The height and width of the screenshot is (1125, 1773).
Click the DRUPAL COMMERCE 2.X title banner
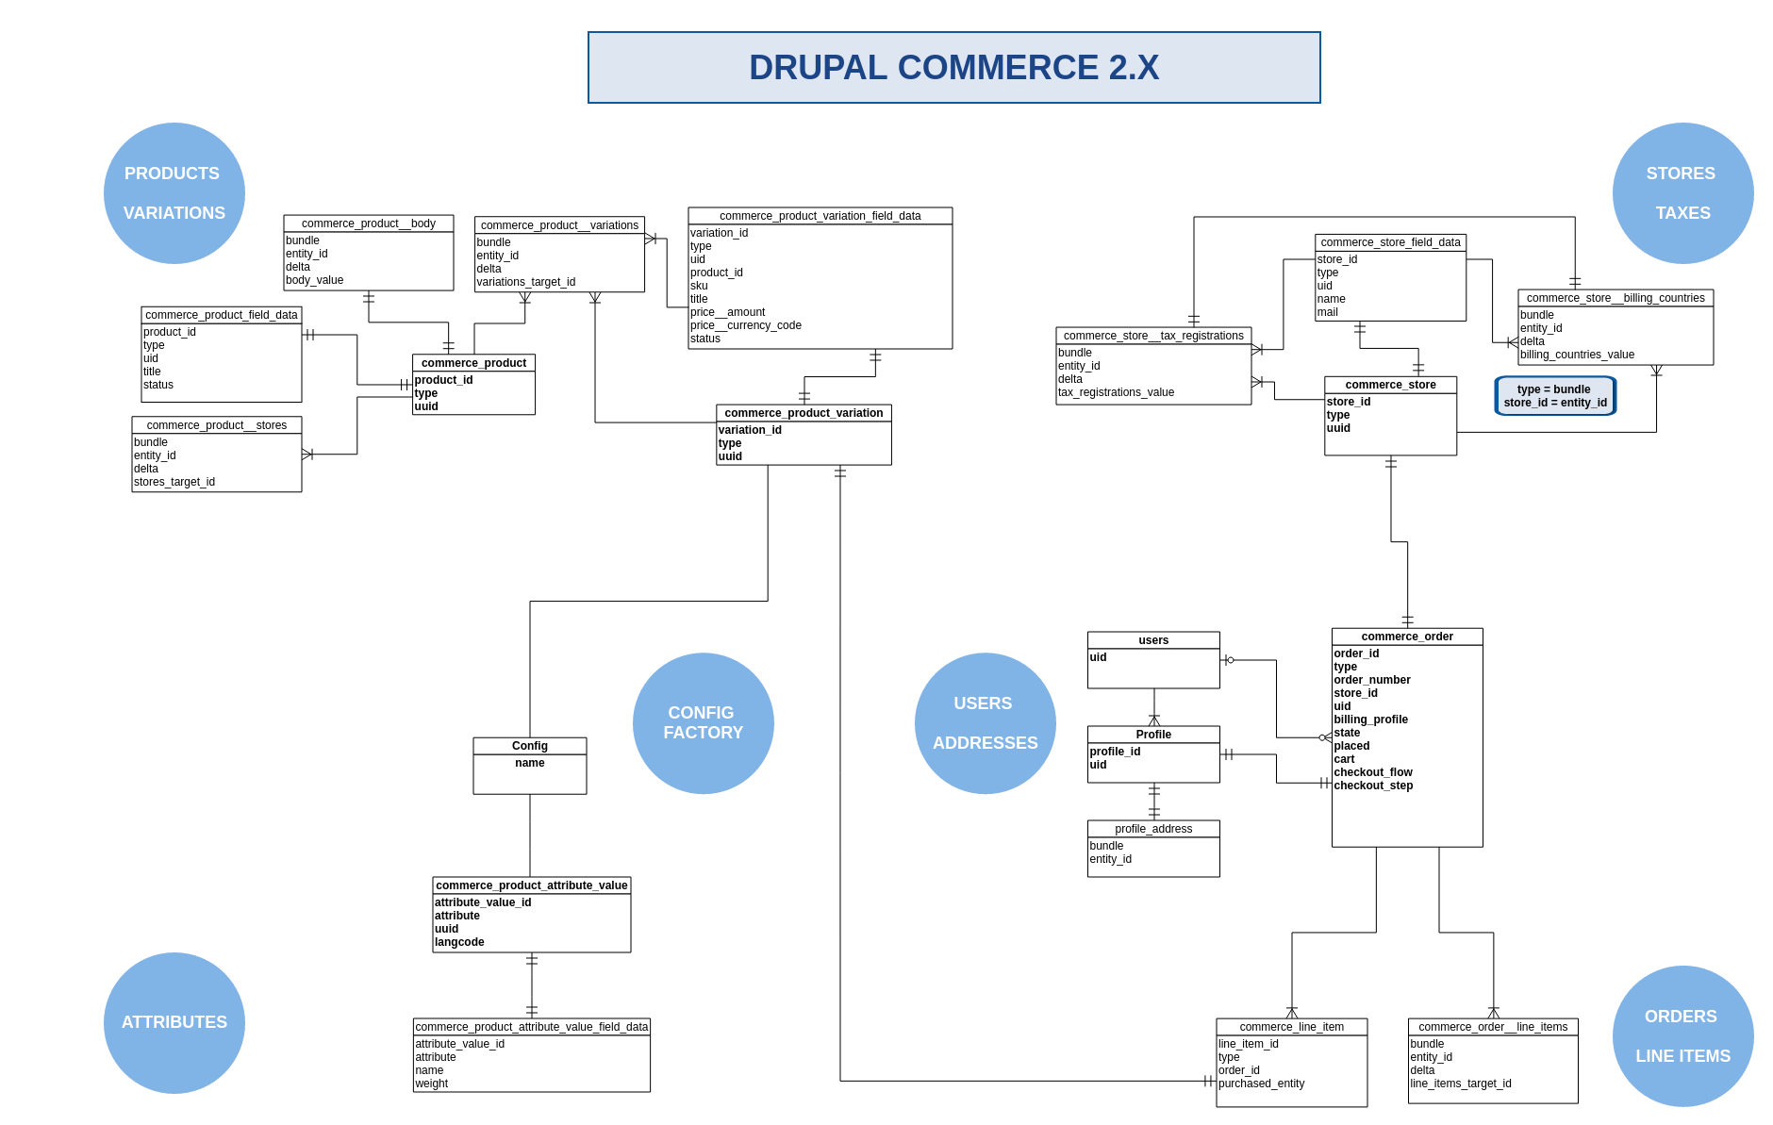pyautogui.click(x=953, y=68)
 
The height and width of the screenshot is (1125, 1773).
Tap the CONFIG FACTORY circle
pyautogui.click(x=704, y=723)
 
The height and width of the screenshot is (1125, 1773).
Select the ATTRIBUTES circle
pyautogui.click(x=174, y=1023)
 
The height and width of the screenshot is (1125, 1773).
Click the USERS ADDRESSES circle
pyautogui.click(x=986, y=723)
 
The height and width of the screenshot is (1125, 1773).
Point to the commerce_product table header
pyautogui.click(x=473, y=363)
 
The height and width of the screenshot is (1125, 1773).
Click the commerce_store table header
pyautogui.click(x=1390, y=385)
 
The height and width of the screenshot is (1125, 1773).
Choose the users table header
pyautogui.click(x=1153, y=640)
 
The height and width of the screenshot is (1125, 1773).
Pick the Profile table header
pyautogui.click(x=1153, y=735)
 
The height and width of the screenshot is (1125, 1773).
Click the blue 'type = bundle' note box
pyautogui.click(x=1555, y=396)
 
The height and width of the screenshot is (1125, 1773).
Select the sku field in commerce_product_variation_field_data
pyautogui.click(x=699, y=286)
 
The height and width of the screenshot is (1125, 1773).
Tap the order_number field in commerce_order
pyautogui.click(x=1372, y=680)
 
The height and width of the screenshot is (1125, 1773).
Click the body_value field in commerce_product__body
pyautogui.click(x=315, y=280)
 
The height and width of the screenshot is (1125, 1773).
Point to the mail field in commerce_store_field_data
pyautogui.click(x=1328, y=312)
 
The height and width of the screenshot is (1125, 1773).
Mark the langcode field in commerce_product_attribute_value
pyautogui.click(x=459, y=942)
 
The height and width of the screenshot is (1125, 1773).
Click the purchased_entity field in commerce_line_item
pyautogui.click(x=1262, y=1084)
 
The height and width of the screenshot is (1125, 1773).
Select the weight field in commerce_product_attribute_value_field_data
pyautogui.click(x=432, y=1084)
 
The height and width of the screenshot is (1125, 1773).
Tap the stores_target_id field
pyautogui.click(x=174, y=482)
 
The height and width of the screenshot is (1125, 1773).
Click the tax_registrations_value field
pyautogui.click(x=1117, y=392)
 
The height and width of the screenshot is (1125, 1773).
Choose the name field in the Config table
pyautogui.click(x=530, y=763)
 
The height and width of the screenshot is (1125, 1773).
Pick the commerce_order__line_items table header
pyautogui.click(x=1493, y=1027)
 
